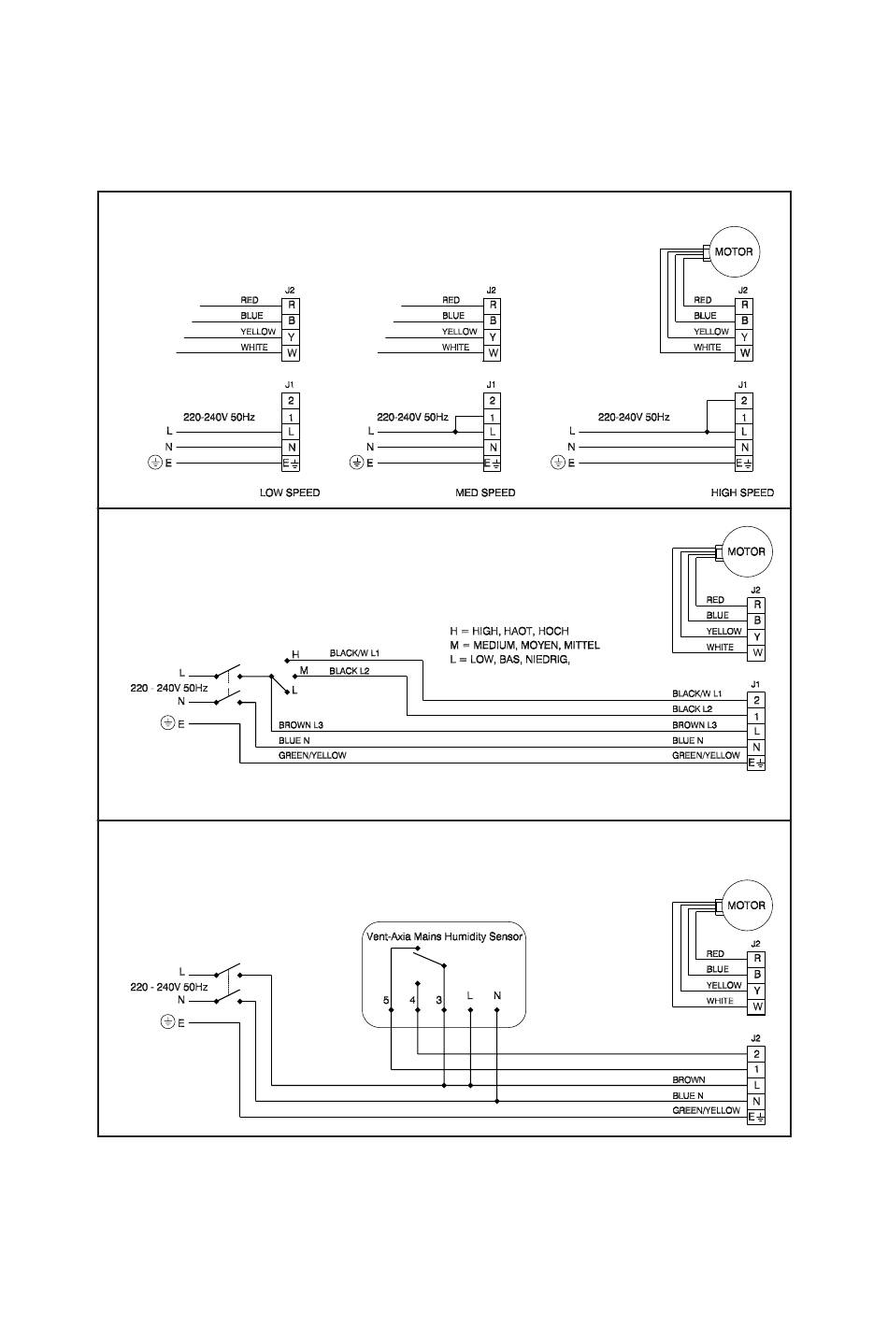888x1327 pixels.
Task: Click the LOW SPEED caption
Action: [290, 492]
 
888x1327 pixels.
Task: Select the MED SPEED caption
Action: [485, 492]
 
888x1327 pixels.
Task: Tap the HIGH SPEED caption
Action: [742, 492]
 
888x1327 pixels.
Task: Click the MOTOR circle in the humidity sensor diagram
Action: [747, 906]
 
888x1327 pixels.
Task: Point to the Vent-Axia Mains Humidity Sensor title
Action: [444, 936]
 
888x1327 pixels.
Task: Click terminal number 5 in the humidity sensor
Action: [386, 1000]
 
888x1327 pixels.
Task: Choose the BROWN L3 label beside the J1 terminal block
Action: [695, 724]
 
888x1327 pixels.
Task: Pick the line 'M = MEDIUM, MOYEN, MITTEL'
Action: [524, 645]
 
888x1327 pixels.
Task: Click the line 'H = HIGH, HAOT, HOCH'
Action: [508, 631]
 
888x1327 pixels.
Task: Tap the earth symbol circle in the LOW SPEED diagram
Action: [154, 463]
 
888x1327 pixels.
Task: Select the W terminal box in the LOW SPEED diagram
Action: [291, 353]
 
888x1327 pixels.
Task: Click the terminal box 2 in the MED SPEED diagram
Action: [492, 401]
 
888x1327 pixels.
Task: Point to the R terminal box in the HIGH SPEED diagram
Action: [744, 305]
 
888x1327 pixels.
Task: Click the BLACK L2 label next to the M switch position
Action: [349, 671]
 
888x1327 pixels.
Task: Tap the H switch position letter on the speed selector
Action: [295, 654]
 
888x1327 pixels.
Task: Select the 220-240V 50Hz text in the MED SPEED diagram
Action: [412, 417]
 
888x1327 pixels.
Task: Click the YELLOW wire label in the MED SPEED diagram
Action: [459, 331]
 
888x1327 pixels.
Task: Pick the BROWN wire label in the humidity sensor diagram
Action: [688, 1080]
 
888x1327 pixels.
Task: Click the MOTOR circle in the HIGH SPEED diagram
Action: [735, 251]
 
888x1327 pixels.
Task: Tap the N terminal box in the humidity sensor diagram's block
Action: [756, 1101]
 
